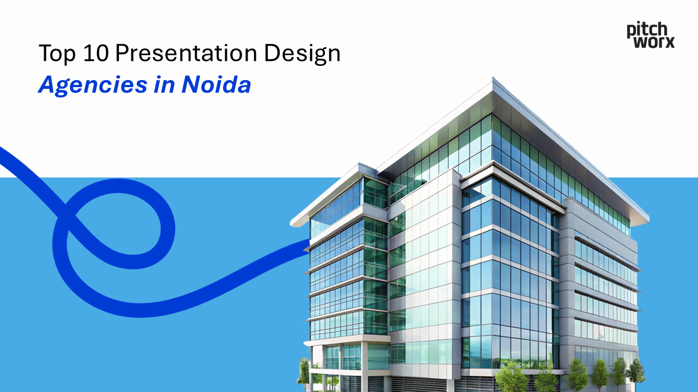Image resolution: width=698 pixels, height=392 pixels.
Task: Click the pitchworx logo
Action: click(x=651, y=35)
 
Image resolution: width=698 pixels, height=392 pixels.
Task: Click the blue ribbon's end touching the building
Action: click(x=305, y=246)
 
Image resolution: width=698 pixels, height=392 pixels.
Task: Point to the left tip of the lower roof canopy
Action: click(x=293, y=223)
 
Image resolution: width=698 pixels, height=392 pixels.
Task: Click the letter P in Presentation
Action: click(x=122, y=54)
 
